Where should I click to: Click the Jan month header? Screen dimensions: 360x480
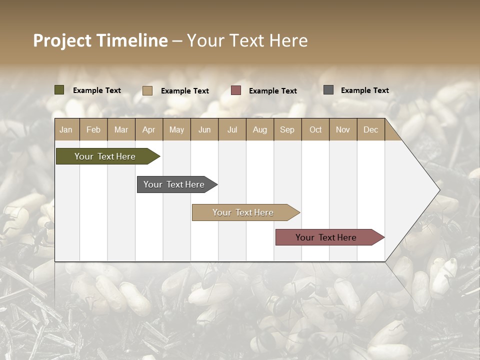coord(66,129)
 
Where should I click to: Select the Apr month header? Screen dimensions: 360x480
coord(148,129)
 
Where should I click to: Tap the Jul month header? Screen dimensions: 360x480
coord(232,129)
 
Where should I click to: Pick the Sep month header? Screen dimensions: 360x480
coord(287,129)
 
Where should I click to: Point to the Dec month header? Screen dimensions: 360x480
coord(370,129)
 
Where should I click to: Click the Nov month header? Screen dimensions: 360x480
coord(342,129)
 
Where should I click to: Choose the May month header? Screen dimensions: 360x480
coord(176,129)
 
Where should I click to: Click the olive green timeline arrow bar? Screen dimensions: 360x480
coord(105,156)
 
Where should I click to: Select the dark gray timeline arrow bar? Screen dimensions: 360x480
coord(174,184)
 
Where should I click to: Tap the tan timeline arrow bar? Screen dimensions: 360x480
coord(243,212)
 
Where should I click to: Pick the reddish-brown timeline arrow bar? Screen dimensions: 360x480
coord(326,237)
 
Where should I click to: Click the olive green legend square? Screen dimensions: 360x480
coord(59,90)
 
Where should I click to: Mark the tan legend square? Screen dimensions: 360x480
coord(147,90)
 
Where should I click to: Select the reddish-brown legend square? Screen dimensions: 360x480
coord(236,90)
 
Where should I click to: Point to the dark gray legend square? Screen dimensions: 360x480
coord(328,90)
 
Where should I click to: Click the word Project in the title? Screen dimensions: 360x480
coord(62,40)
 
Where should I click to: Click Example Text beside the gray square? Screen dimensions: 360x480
coord(364,90)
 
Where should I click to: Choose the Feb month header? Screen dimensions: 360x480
coord(93,129)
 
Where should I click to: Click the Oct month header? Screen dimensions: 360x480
coord(315,129)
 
